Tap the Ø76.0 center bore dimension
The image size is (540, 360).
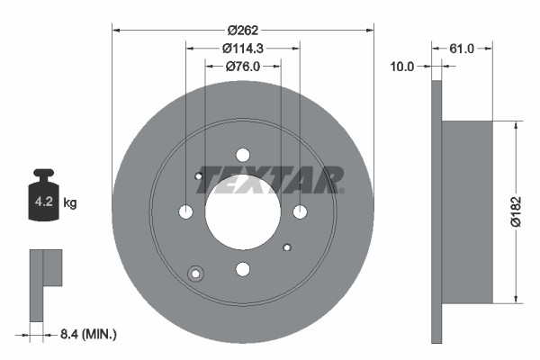pos(243,66)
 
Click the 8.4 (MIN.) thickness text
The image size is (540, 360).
pos(87,335)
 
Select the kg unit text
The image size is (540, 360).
pos(70,203)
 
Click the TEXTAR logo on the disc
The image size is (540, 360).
pos(270,179)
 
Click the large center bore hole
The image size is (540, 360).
pos(243,211)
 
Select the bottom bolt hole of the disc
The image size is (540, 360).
pos(243,268)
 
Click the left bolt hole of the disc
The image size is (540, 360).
pos(186,211)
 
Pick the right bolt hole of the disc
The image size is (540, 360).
pos(300,211)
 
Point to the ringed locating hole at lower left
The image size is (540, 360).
pos(195,274)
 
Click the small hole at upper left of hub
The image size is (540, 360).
pos(199,176)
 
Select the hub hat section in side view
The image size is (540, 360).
pos(468,212)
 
